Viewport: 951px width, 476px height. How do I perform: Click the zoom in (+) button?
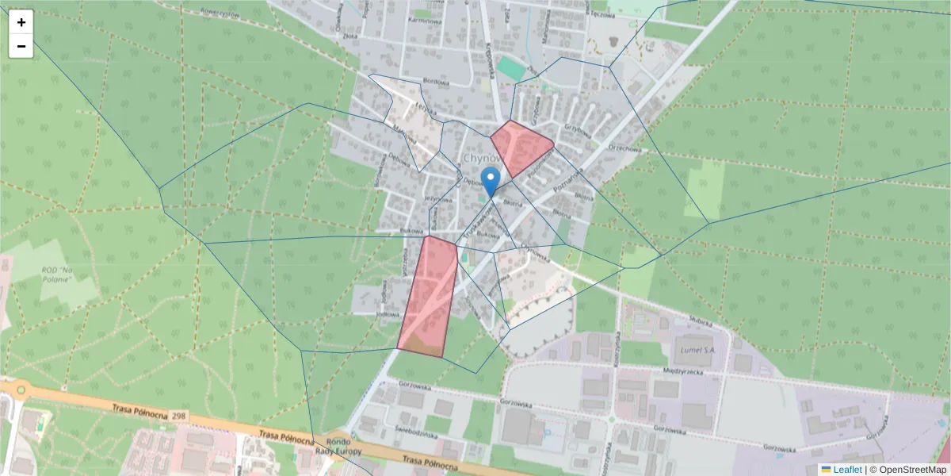point(21,22)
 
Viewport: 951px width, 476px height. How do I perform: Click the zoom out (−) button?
point(21,46)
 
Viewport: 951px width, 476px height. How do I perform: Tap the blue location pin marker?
point(491,182)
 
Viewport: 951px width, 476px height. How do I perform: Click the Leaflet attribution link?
point(847,470)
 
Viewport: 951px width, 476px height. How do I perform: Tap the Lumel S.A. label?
point(694,348)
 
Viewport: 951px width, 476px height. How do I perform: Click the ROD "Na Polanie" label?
point(57,274)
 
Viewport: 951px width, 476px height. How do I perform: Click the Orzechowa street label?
point(624,148)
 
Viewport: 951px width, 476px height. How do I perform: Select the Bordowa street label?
point(436,82)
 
